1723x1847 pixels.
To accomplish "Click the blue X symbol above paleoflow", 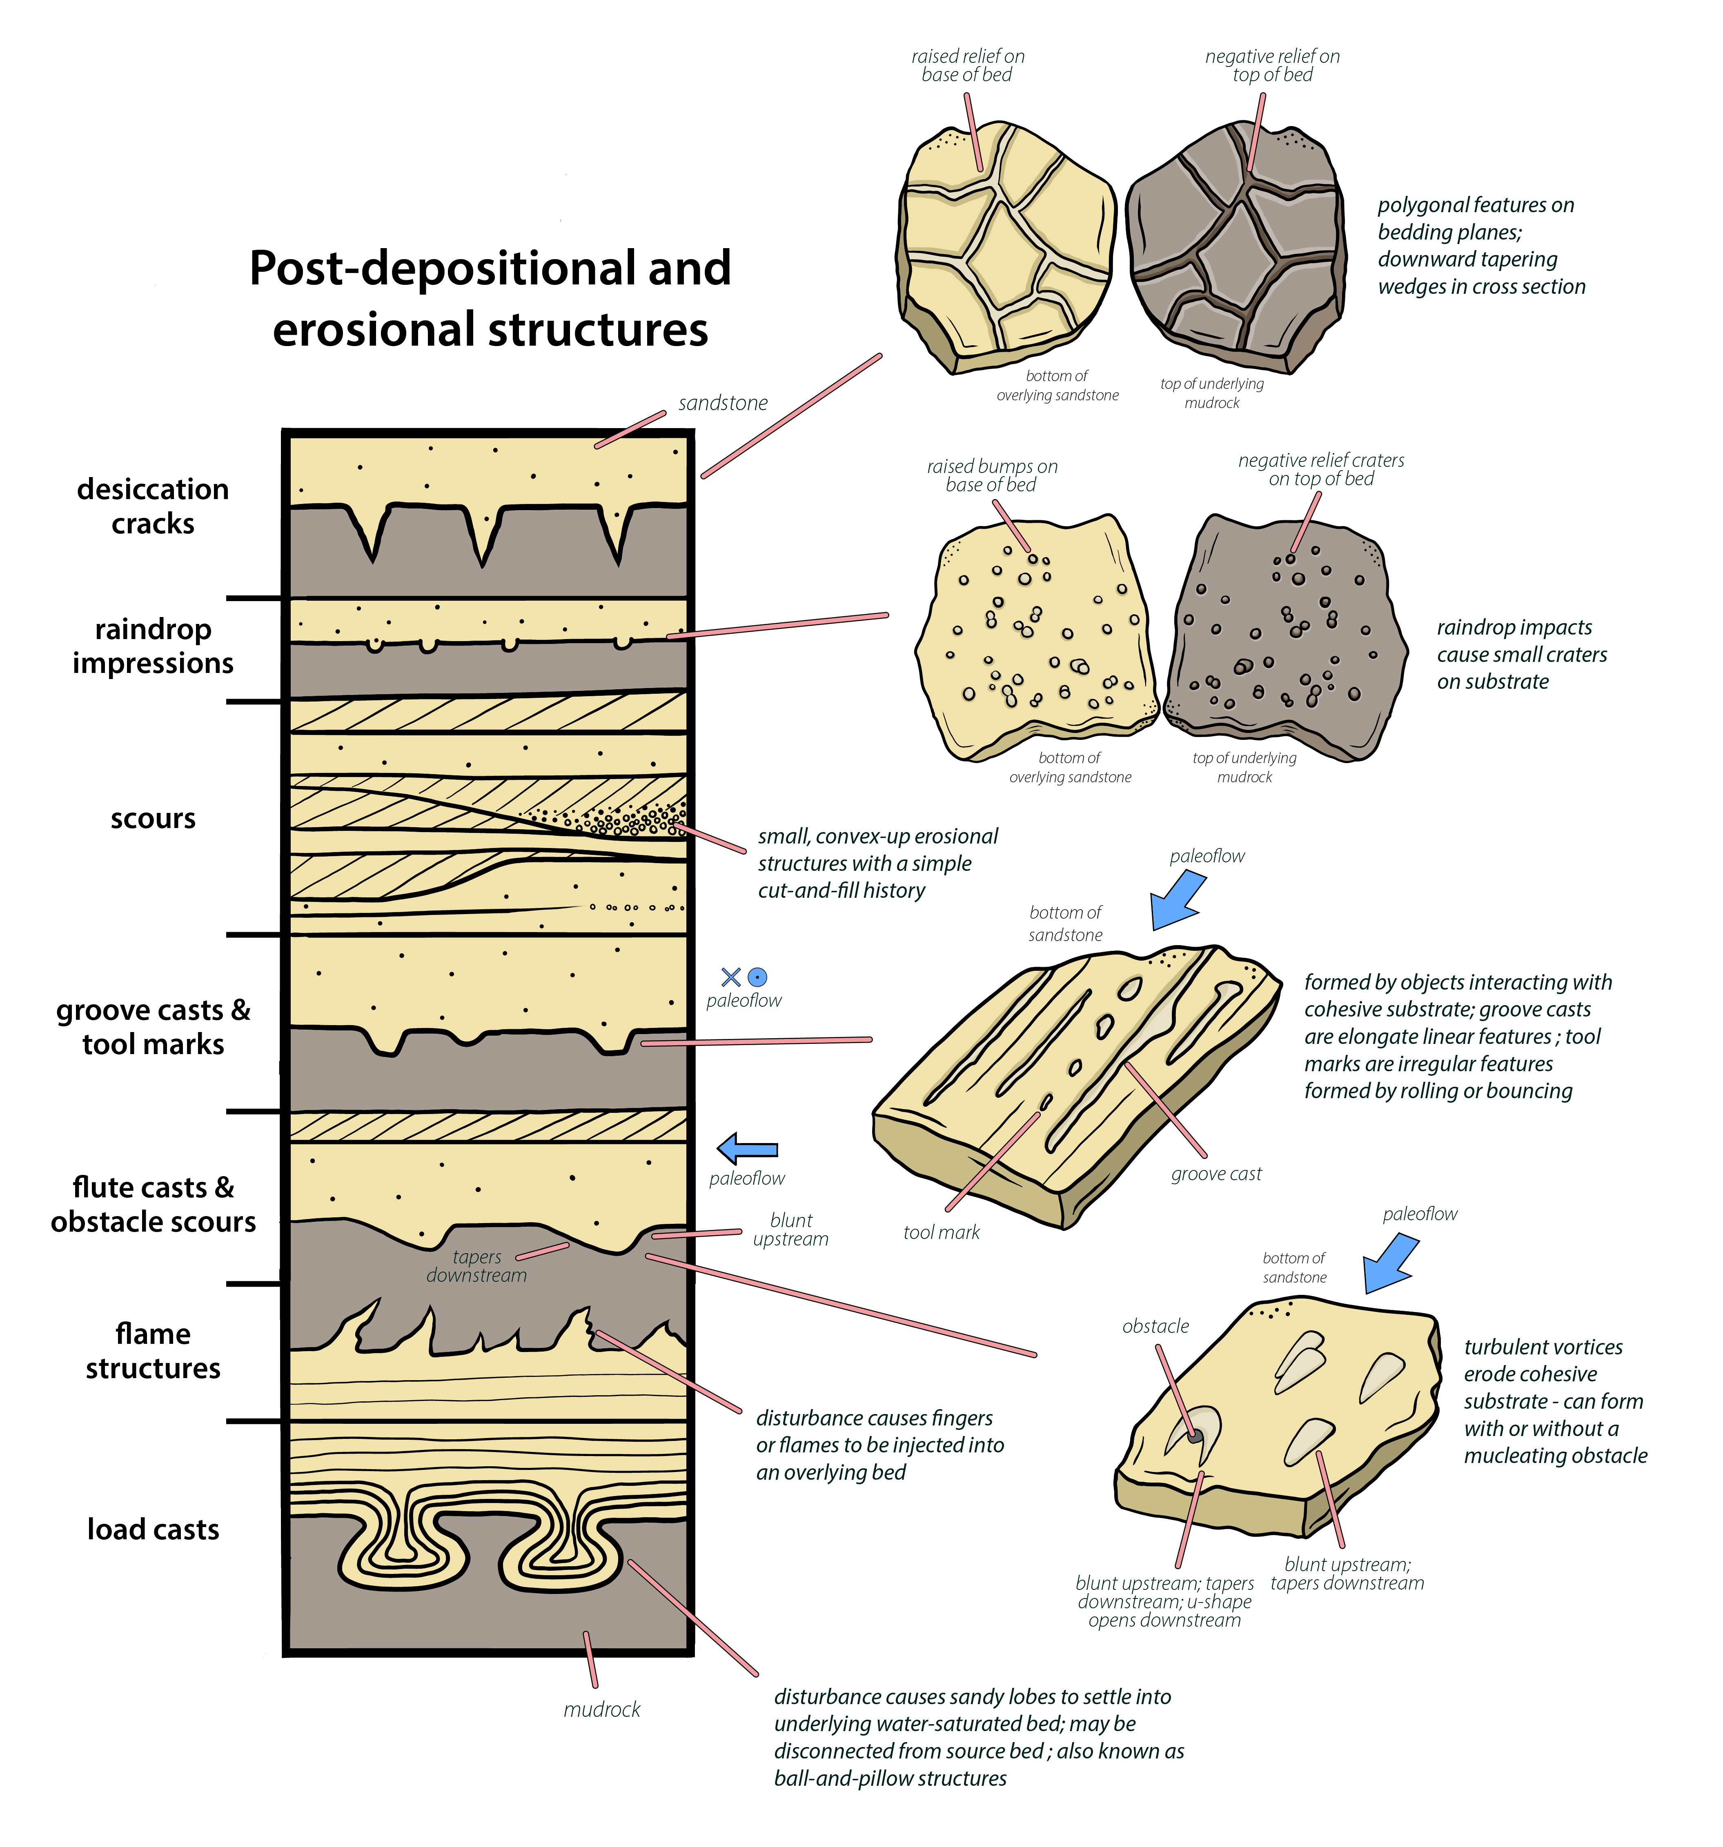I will (730, 977).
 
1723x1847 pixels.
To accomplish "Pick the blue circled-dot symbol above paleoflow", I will (757, 977).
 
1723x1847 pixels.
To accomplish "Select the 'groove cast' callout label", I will (1215, 1173).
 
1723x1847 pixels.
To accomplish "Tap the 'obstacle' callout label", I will (1155, 1326).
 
